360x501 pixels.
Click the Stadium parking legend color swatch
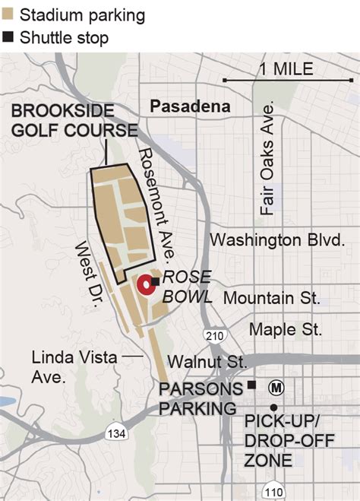coord(8,14)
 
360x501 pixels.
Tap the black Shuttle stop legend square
coord(8,36)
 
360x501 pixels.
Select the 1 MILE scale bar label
coord(285,68)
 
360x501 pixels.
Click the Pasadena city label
coord(190,106)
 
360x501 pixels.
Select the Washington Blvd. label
coord(277,239)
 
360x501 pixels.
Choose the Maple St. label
coord(286,329)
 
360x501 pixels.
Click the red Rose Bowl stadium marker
coord(145,287)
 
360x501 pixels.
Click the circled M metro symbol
coord(276,388)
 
